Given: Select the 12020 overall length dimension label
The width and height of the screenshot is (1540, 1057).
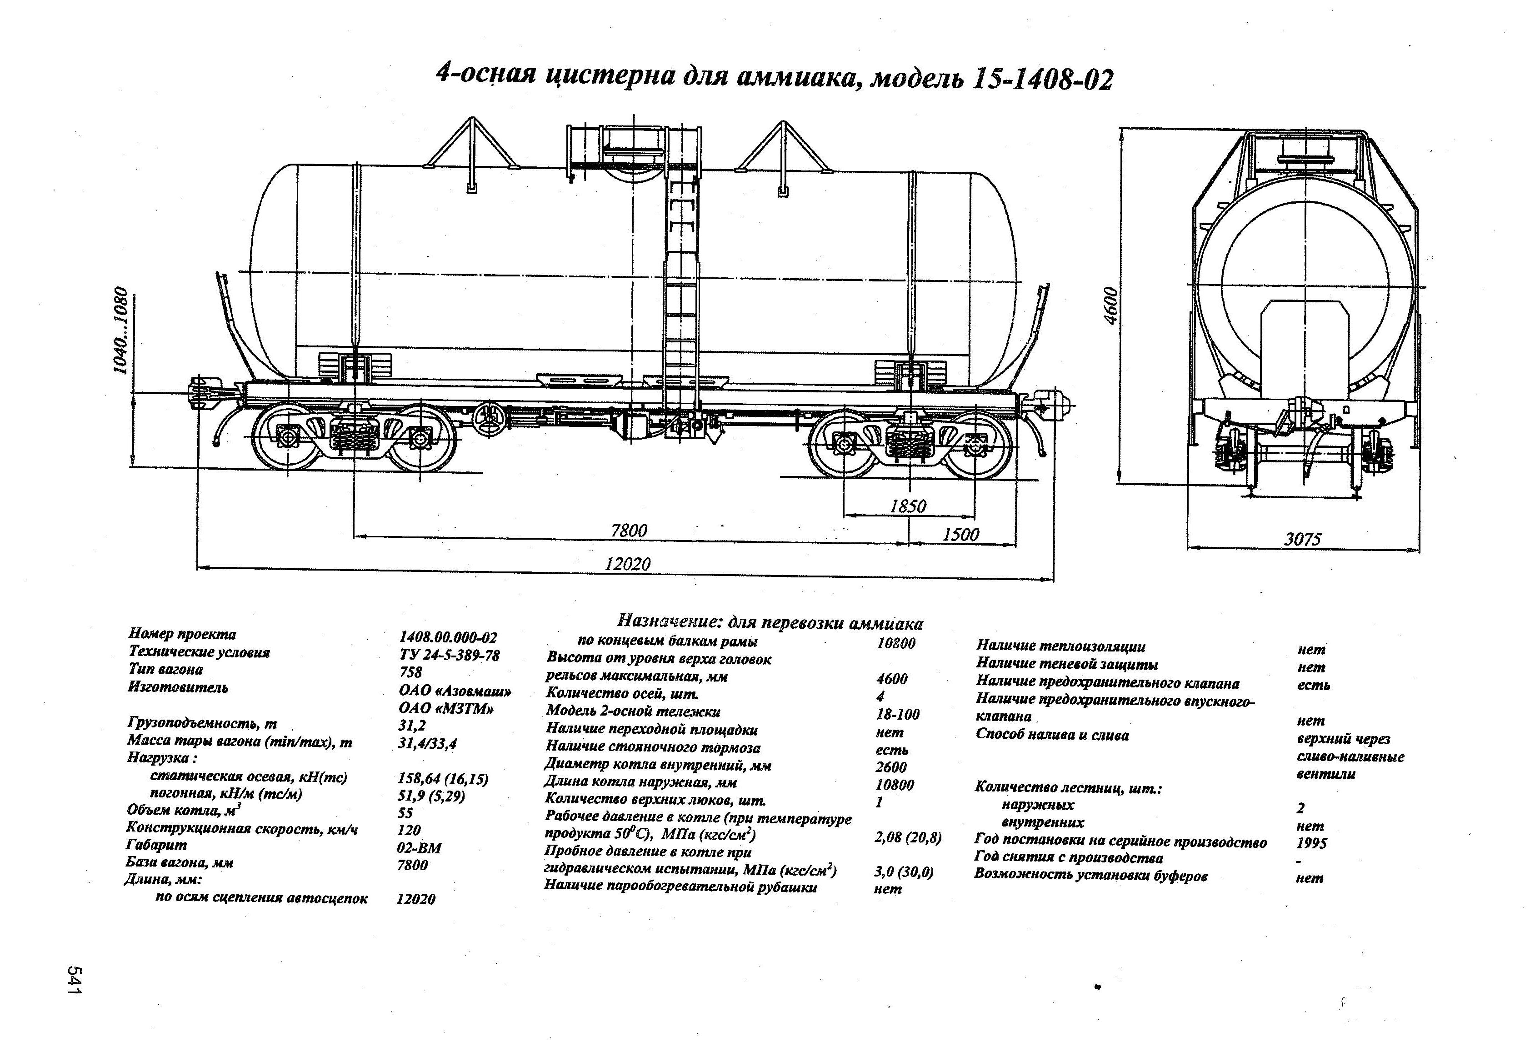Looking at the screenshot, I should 627,563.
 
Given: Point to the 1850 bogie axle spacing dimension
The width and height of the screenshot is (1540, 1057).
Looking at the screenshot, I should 907,506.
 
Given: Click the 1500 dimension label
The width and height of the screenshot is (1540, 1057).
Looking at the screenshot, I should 960,534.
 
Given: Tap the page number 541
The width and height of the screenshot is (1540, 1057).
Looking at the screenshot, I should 74,979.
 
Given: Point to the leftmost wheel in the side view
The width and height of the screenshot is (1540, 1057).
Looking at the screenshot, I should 286,437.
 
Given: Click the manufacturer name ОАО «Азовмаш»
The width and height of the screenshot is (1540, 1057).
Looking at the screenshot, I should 455,691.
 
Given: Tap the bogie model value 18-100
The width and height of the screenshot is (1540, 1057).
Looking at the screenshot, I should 897,714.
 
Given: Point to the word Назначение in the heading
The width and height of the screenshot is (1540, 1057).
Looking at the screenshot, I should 669,621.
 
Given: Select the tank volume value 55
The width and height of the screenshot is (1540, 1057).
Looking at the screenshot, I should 405,812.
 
